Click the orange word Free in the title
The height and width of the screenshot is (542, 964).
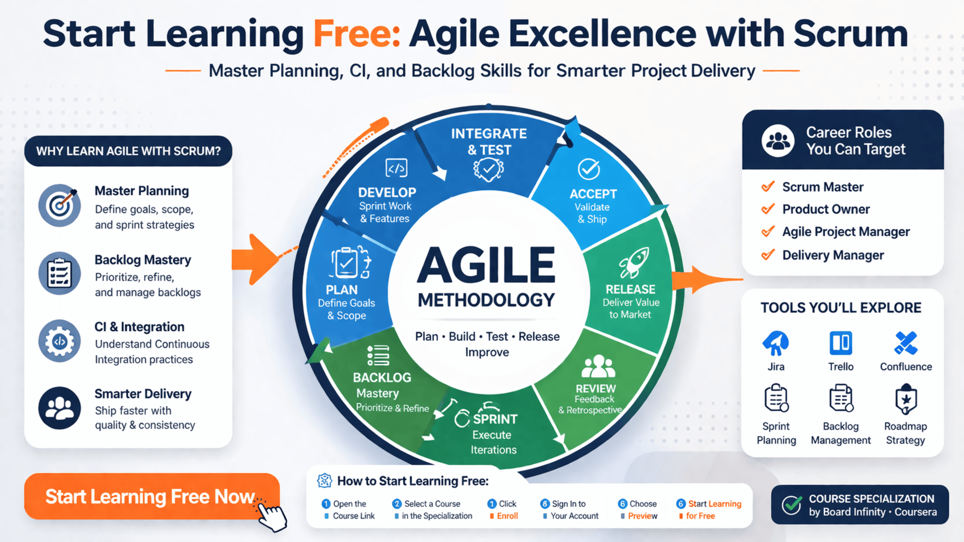point(356,34)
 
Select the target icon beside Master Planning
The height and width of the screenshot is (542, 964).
point(60,205)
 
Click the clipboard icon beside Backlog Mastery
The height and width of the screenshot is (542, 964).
point(60,273)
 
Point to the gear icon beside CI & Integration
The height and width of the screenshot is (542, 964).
point(60,341)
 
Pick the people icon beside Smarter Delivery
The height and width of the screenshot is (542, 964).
point(60,408)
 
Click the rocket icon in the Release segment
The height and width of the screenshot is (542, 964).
point(634,261)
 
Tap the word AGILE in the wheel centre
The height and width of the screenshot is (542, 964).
point(486,265)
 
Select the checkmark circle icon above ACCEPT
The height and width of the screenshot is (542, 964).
point(588,169)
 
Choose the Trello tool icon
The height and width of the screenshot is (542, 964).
point(840,344)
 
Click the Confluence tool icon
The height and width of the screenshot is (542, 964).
point(906,344)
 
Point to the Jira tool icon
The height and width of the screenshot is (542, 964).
point(776,344)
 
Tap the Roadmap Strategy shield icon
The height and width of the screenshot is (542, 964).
point(906,399)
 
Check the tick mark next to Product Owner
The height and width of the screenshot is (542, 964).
point(768,209)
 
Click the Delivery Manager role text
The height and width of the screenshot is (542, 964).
point(833,255)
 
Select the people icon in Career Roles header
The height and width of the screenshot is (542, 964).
point(778,141)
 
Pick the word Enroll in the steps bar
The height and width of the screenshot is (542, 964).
point(507,516)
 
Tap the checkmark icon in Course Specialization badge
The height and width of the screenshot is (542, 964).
point(792,505)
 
